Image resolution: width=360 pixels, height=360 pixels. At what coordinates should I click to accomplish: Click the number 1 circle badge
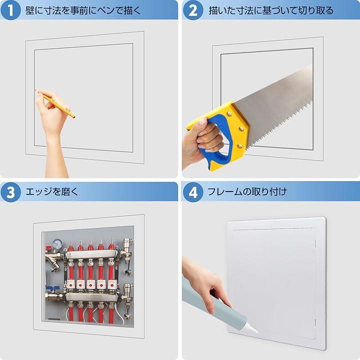tap(10, 10)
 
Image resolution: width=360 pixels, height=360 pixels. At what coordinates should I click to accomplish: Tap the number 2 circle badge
tap(193, 10)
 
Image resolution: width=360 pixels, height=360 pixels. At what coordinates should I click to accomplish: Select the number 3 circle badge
tap(10, 192)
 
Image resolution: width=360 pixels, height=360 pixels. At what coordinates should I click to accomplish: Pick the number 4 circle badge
tap(193, 192)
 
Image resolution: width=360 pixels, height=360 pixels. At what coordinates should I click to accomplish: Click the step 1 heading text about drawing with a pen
tap(83, 10)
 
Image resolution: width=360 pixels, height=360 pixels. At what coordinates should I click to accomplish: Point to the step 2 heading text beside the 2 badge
tap(271, 10)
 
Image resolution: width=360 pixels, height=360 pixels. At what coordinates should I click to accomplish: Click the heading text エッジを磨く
tap(52, 191)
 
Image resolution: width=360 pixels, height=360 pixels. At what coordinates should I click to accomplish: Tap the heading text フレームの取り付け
tap(247, 191)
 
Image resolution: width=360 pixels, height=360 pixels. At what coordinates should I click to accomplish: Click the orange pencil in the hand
tap(55, 104)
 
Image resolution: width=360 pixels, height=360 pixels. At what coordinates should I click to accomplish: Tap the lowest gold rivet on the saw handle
tap(240, 145)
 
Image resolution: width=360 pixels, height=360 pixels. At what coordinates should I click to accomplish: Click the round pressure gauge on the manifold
tap(56, 243)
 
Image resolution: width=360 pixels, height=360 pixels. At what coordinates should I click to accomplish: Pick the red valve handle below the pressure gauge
tap(49, 248)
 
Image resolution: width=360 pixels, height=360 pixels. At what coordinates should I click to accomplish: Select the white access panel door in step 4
tap(276, 283)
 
